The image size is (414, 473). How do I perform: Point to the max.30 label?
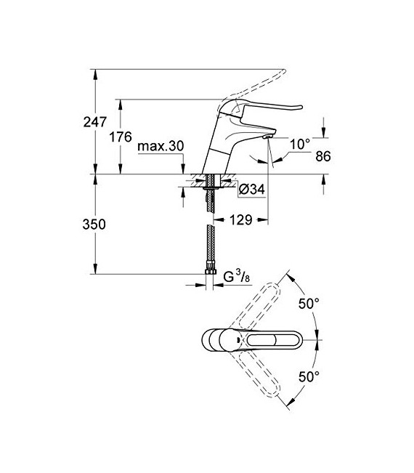tap(161, 146)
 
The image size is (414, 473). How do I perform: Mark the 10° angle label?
tap(300, 144)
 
